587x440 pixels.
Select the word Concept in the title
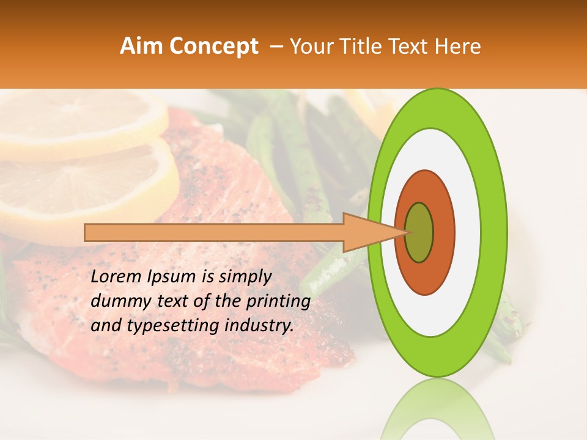pos(213,46)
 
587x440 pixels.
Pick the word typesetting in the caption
pos(164,326)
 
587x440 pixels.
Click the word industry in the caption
pos(259,326)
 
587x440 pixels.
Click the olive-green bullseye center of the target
pos(419,232)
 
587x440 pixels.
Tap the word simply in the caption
pos(244,277)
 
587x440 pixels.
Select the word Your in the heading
pos(310,46)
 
